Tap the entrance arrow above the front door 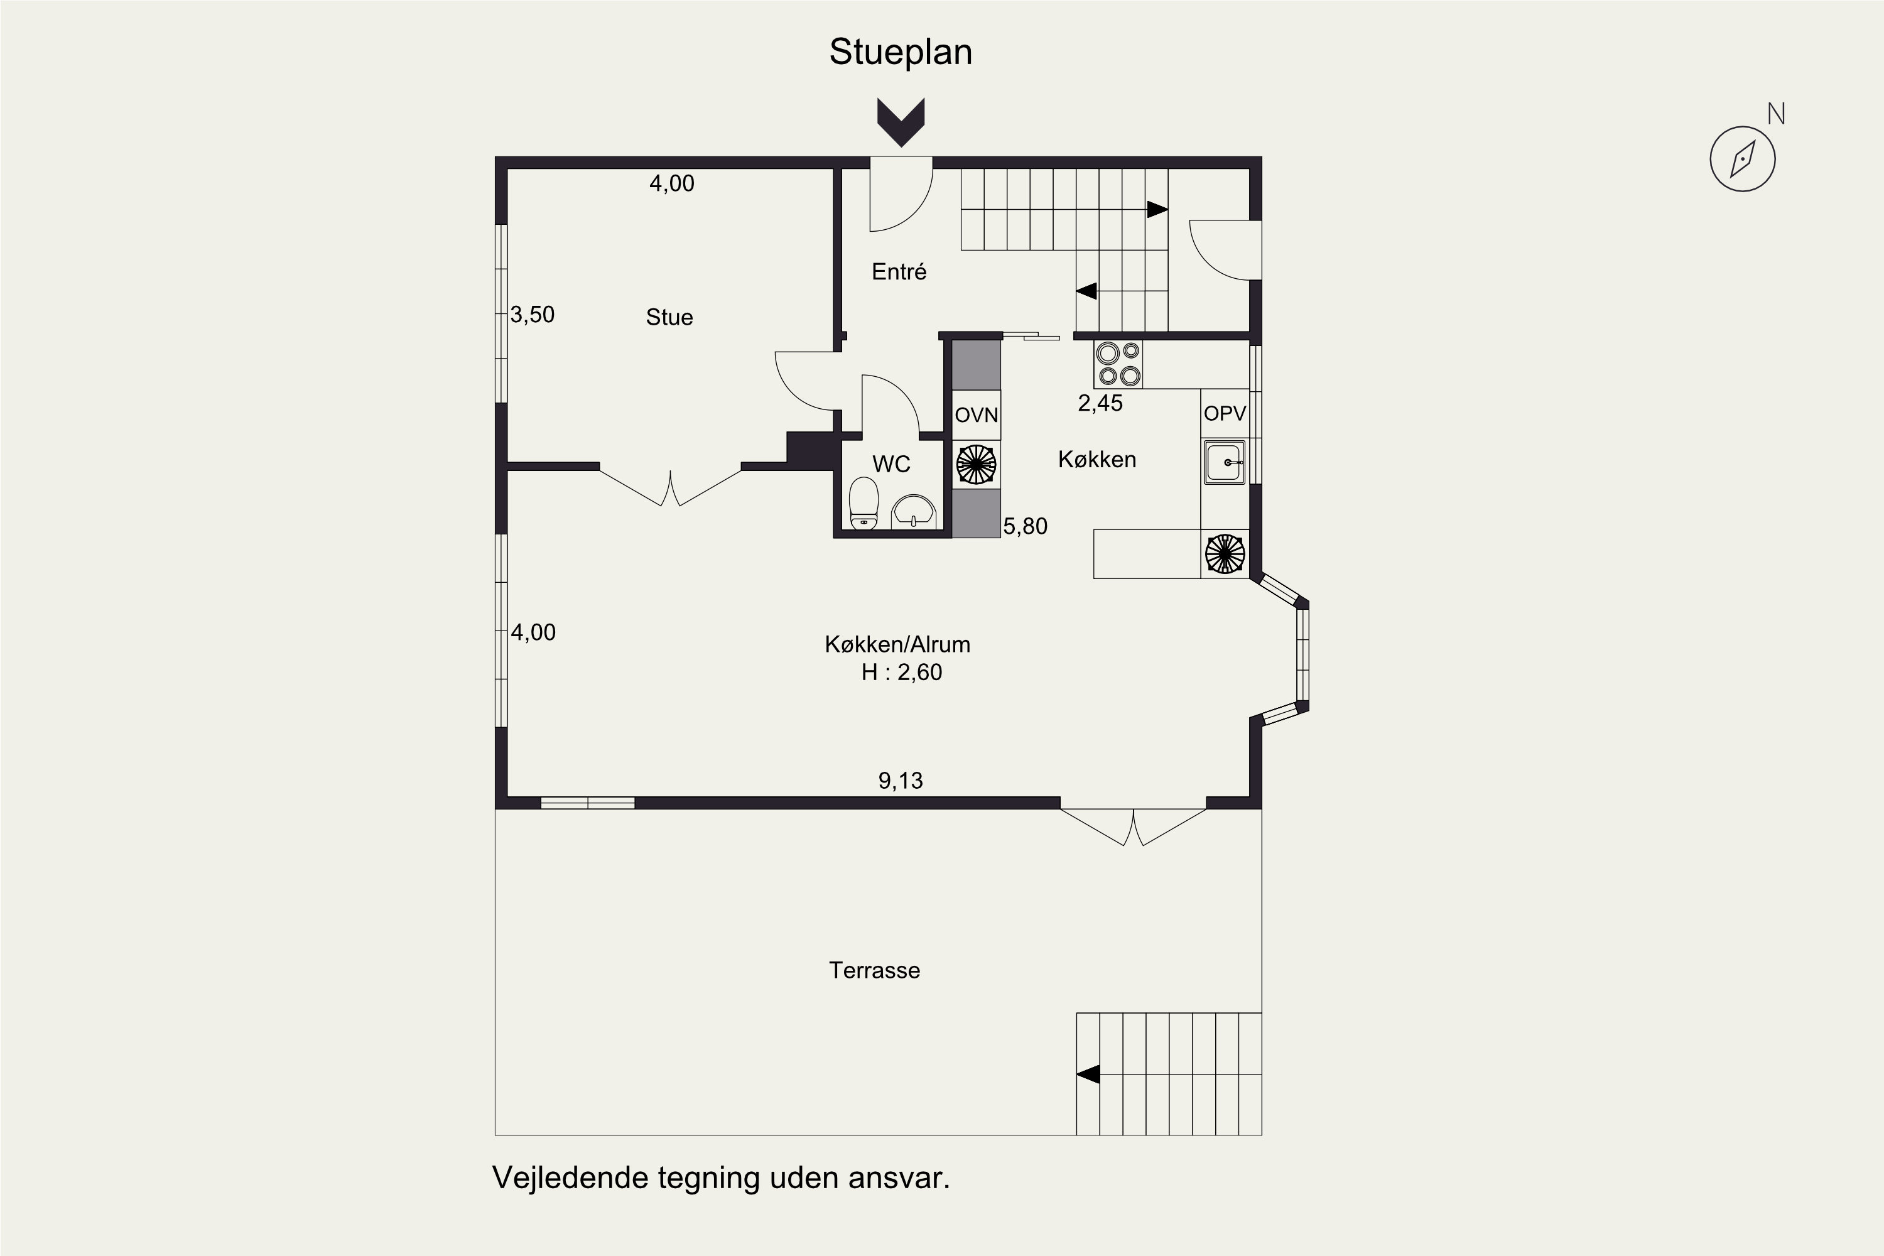[901, 122]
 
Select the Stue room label [669, 317]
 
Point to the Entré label [899, 271]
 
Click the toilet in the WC [863, 504]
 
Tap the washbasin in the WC [914, 512]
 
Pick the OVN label [977, 415]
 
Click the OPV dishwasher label [1225, 413]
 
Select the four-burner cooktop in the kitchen [1118, 364]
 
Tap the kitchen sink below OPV [1225, 462]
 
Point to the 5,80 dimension [1026, 526]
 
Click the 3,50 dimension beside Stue [533, 315]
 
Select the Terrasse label [875, 971]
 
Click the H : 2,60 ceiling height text [901, 672]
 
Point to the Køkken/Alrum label [897, 644]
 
